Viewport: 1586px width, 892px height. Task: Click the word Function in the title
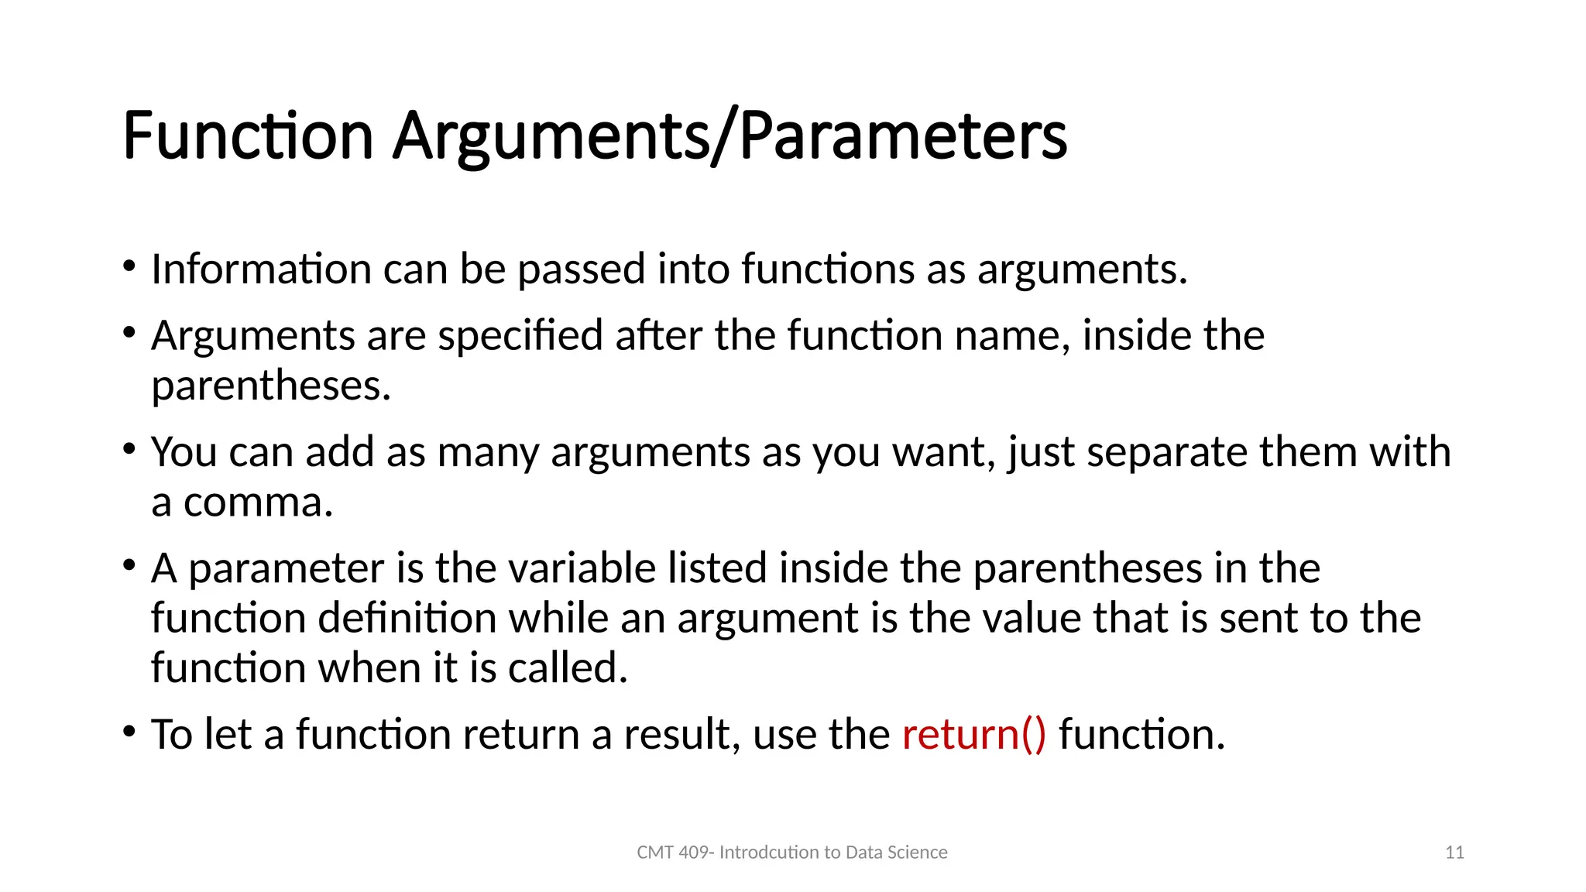tap(248, 136)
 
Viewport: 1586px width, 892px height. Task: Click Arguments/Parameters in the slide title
tap(729, 136)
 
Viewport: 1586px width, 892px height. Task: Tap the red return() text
tap(973, 734)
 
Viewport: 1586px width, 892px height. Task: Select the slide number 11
tap(1454, 853)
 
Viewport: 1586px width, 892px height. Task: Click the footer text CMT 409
tap(671, 853)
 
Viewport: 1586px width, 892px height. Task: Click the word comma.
tap(258, 503)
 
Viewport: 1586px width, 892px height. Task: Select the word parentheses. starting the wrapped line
tap(270, 386)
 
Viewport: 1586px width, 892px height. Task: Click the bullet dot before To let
tap(129, 731)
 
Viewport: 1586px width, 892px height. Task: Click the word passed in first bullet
tap(581, 269)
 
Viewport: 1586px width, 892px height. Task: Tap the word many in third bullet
tap(487, 452)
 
